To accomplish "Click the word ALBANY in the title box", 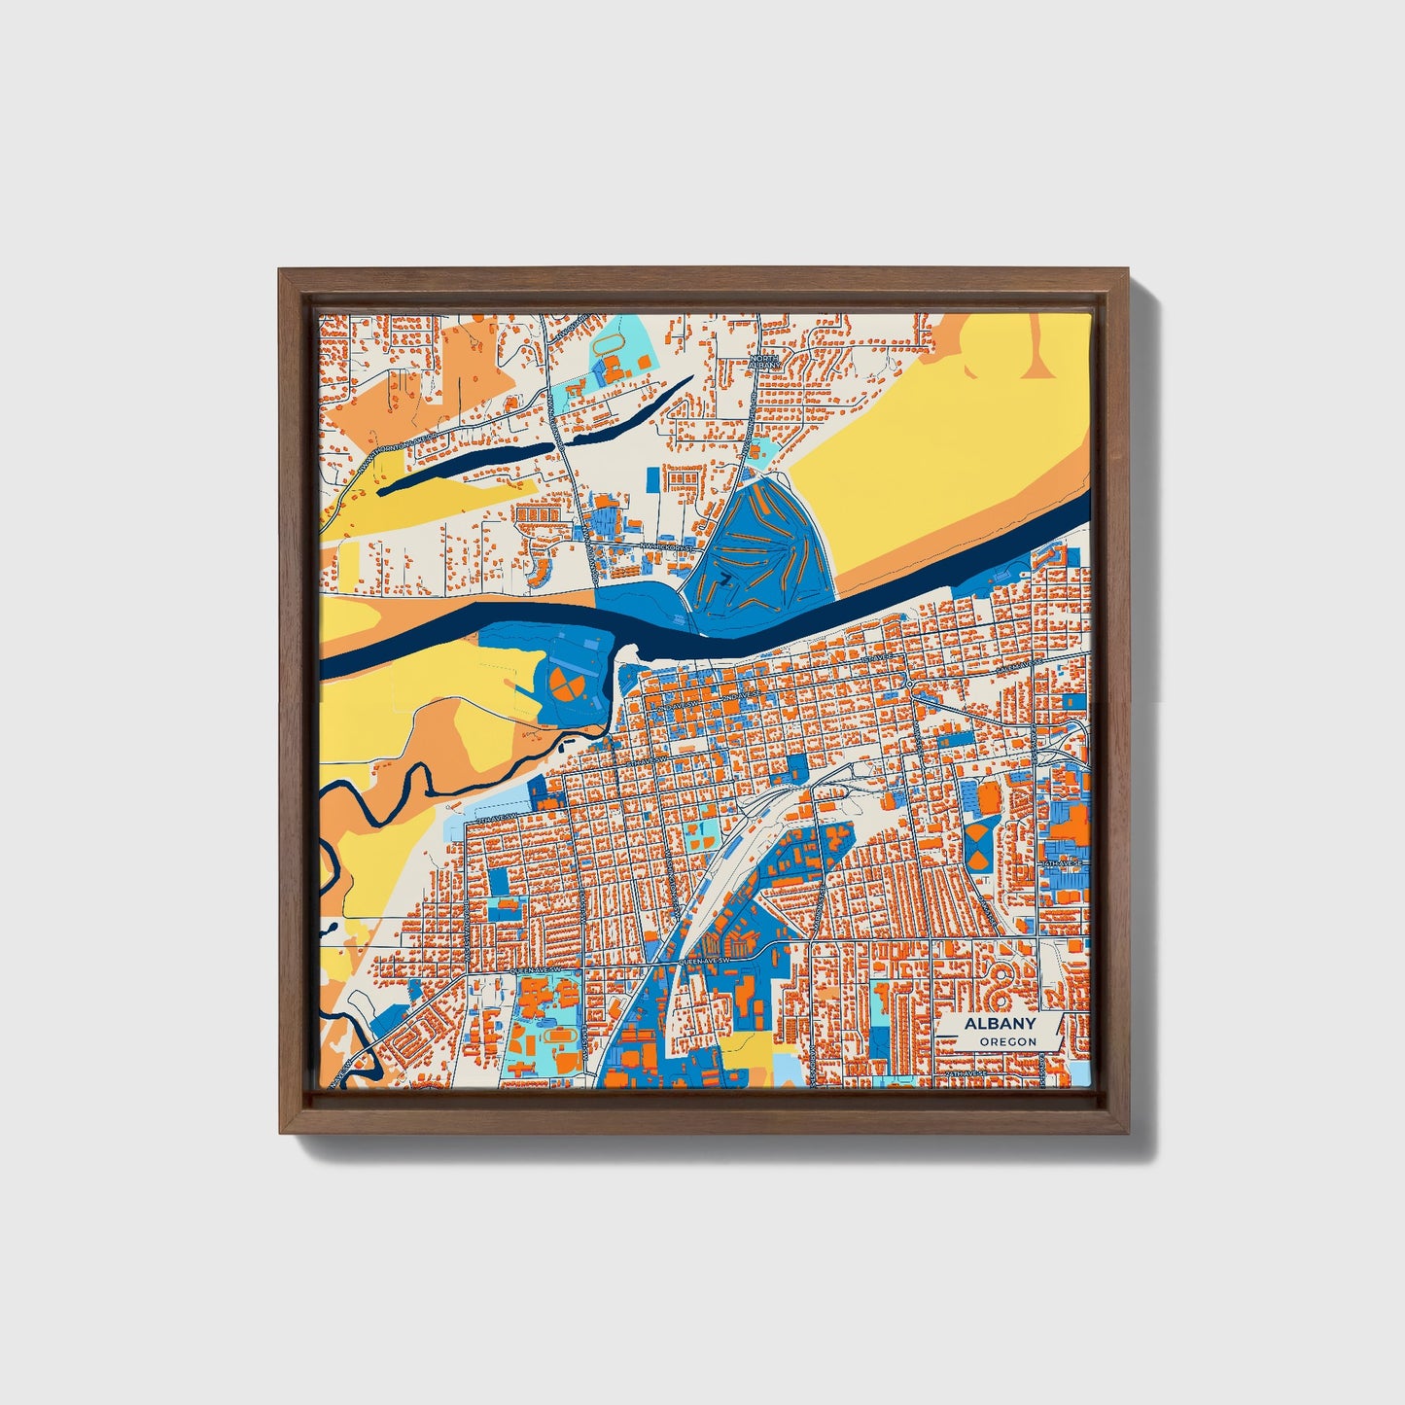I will (x=999, y=1024).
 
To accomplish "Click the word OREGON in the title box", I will (x=1007, y=1041).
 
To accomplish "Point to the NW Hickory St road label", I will (x=668, y=547).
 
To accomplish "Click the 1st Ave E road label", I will (x=875, y=658).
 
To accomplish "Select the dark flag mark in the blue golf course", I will (x=724, y=579).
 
